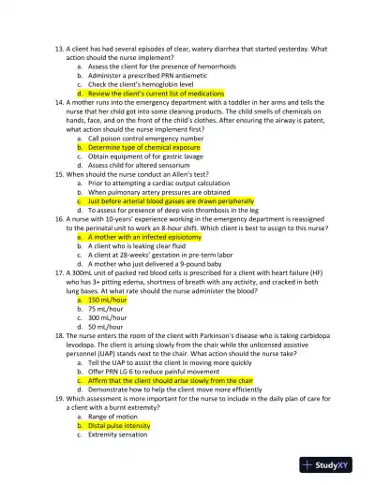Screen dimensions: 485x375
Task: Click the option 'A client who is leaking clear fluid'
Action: click(142, 246)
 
